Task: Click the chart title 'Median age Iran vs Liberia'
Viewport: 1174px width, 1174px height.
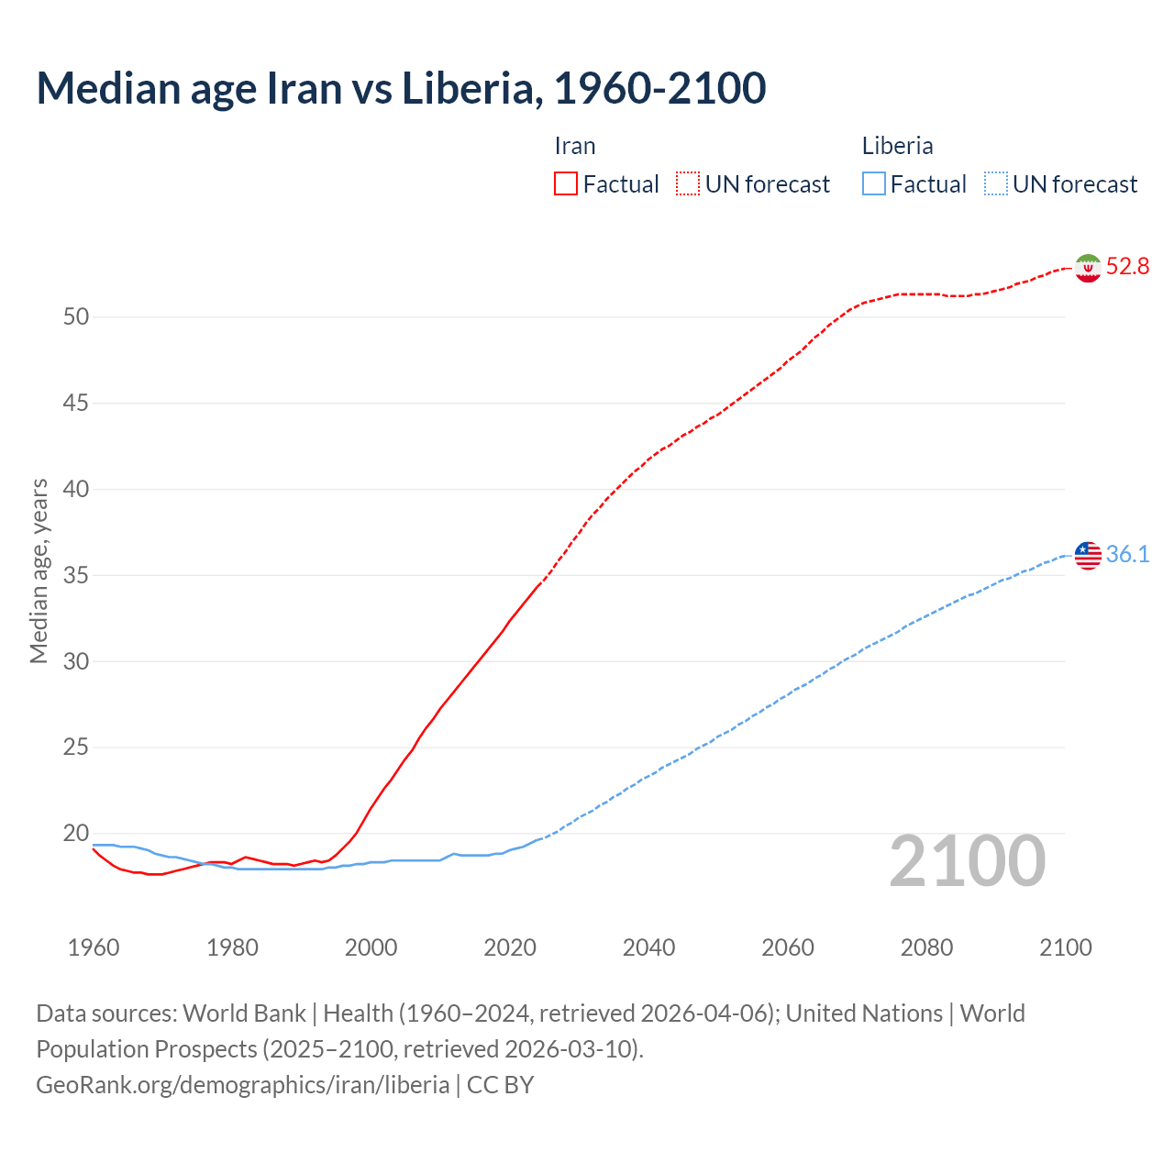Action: pos(401,88)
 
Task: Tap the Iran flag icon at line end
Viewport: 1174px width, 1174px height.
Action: pos(1088,268)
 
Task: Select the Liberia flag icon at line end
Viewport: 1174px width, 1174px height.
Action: pos(1088,555)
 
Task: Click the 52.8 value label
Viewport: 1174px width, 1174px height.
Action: pos(1127,267)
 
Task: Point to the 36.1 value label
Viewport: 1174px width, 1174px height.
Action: pos(1127,554)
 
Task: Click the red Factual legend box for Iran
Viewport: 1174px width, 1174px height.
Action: pos(566,184)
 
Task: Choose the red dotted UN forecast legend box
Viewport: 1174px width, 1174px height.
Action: pos(688,184)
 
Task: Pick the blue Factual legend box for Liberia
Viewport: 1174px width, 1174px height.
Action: pos(873,184)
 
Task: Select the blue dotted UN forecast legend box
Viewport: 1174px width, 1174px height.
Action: pos(995,184)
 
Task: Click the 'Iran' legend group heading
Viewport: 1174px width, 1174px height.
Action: pos(575,146)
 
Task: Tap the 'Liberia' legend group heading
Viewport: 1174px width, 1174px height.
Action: pos(897,146)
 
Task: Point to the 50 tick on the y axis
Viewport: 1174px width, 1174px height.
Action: pos(76,317)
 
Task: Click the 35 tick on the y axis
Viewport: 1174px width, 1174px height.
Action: pos(76,576)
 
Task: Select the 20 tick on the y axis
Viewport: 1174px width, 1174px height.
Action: pos(76,834)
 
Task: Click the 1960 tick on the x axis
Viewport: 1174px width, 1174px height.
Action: pos(94,947)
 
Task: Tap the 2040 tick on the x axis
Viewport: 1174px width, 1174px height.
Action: pos(648,947)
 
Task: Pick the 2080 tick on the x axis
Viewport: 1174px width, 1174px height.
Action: pos(926,947)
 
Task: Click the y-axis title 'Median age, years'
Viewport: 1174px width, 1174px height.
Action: pos(39,570)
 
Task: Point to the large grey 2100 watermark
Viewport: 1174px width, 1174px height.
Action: pos(967,861)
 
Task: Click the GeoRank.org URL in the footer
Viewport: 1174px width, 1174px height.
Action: pos(243,1085)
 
